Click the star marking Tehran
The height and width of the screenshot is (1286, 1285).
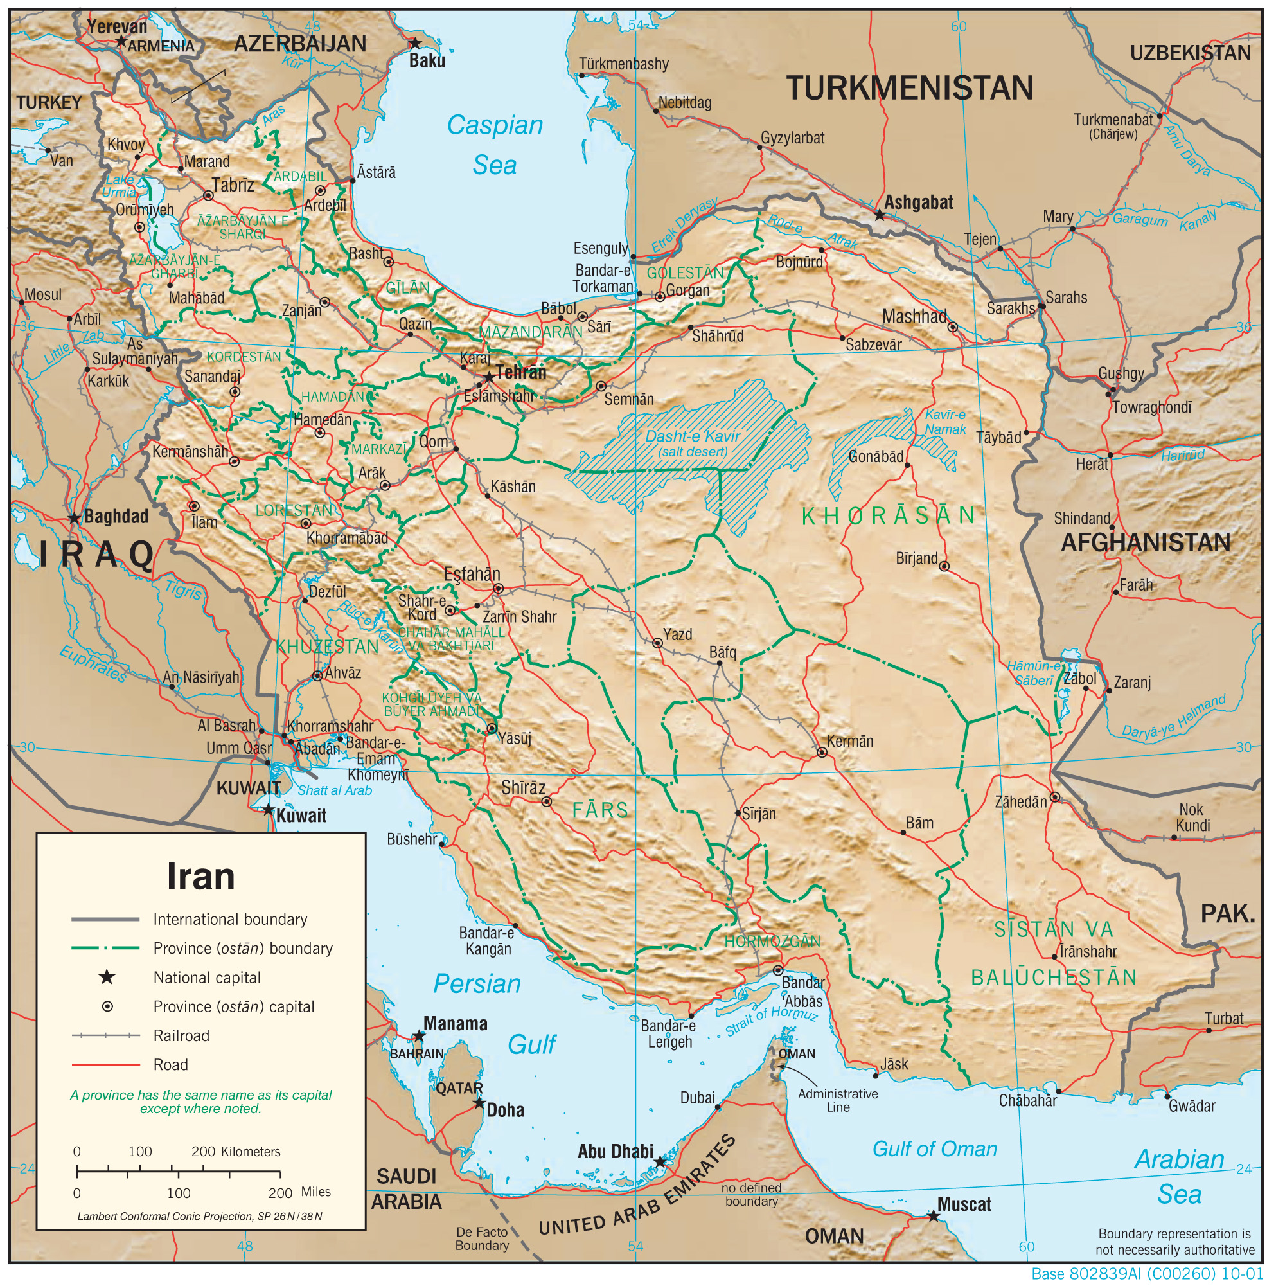pos(489,377)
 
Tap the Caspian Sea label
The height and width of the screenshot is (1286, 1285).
pos(495,145)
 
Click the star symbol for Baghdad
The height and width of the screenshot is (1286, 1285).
pos(75,519)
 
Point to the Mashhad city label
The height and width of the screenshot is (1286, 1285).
pos(914,317)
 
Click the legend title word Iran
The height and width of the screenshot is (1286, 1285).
pos(200,877)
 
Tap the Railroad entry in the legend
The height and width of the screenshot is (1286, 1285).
pos(181,1036)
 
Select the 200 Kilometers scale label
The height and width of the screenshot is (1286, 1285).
pos(236,1152)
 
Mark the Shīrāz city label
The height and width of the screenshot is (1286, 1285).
pos(523,787)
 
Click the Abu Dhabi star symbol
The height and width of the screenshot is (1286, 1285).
pos(659,1162)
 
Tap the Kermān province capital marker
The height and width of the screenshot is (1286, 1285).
pos(822,752)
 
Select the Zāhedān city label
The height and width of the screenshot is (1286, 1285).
pos(1020,802)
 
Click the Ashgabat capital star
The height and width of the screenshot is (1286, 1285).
pos(879,215)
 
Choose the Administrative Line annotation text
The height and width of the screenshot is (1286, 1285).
pos(837,1100)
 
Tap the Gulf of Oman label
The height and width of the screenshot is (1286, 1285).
pos(934,1149)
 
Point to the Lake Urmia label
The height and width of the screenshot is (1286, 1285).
pos(120,186)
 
